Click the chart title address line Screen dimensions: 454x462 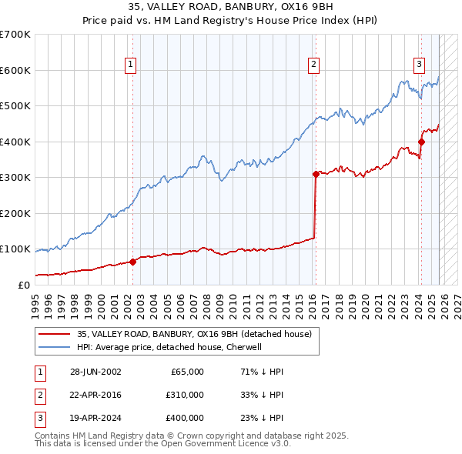pos(230,6)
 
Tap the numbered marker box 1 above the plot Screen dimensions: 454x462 pos(132,65)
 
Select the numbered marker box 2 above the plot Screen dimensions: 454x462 pos(315,65)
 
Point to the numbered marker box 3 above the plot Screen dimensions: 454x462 pos(420,65)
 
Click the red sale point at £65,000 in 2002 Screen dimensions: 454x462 pos(132,262)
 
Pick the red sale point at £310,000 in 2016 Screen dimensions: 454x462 pos(316,174)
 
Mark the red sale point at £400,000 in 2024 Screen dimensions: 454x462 pos(421,142)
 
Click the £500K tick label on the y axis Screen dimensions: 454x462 pos(15,106)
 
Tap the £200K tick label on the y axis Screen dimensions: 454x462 pos(15,213)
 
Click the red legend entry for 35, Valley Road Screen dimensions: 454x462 pos(193,334)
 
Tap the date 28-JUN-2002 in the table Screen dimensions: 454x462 pos(95,372)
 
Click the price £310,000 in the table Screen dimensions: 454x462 pos(184,395)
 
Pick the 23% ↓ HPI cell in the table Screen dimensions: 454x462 pos(262,418)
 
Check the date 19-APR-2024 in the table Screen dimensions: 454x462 pos(95,418)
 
